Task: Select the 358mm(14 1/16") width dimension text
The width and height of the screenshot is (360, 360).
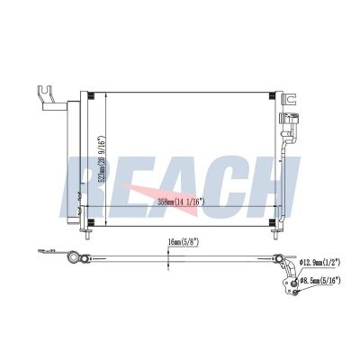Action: (x=182, y=202)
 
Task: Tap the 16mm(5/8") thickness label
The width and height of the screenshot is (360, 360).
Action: (x=184, y=242)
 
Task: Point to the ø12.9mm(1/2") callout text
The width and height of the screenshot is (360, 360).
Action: (x=319, y=263)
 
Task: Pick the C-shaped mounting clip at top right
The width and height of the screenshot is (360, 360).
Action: (x=290, y=99)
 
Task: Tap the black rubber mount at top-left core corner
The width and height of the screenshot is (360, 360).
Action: (x=91, y=96)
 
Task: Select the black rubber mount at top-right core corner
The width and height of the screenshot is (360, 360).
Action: (x=272, y=96)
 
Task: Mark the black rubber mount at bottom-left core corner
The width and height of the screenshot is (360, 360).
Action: (x=91, y=222)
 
